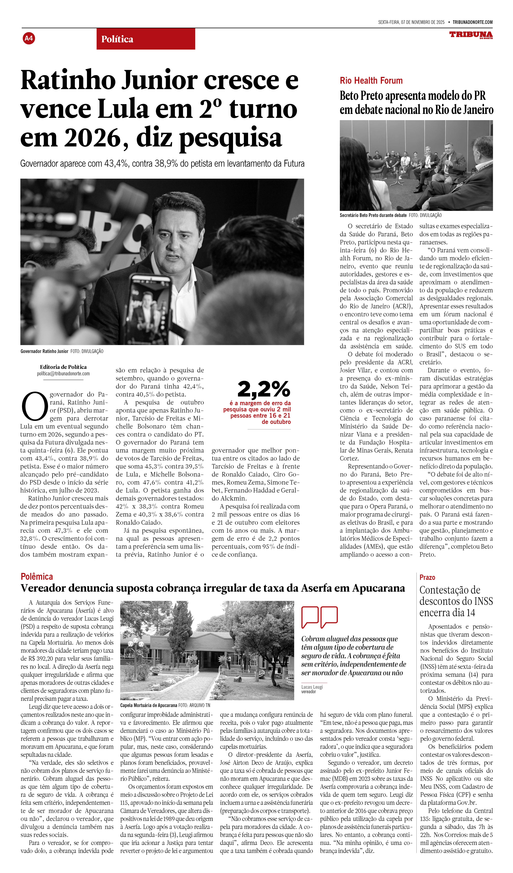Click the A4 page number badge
click(x=29, y=38)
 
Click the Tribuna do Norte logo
click(x=471, y=35)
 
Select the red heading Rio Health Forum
click(x=371, y=81)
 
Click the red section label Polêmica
click(x=37, y=576)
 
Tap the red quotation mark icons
click(x=319, y=617)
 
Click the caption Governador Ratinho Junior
click(x=44, y=351)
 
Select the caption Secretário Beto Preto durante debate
click(x=373, y=215)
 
